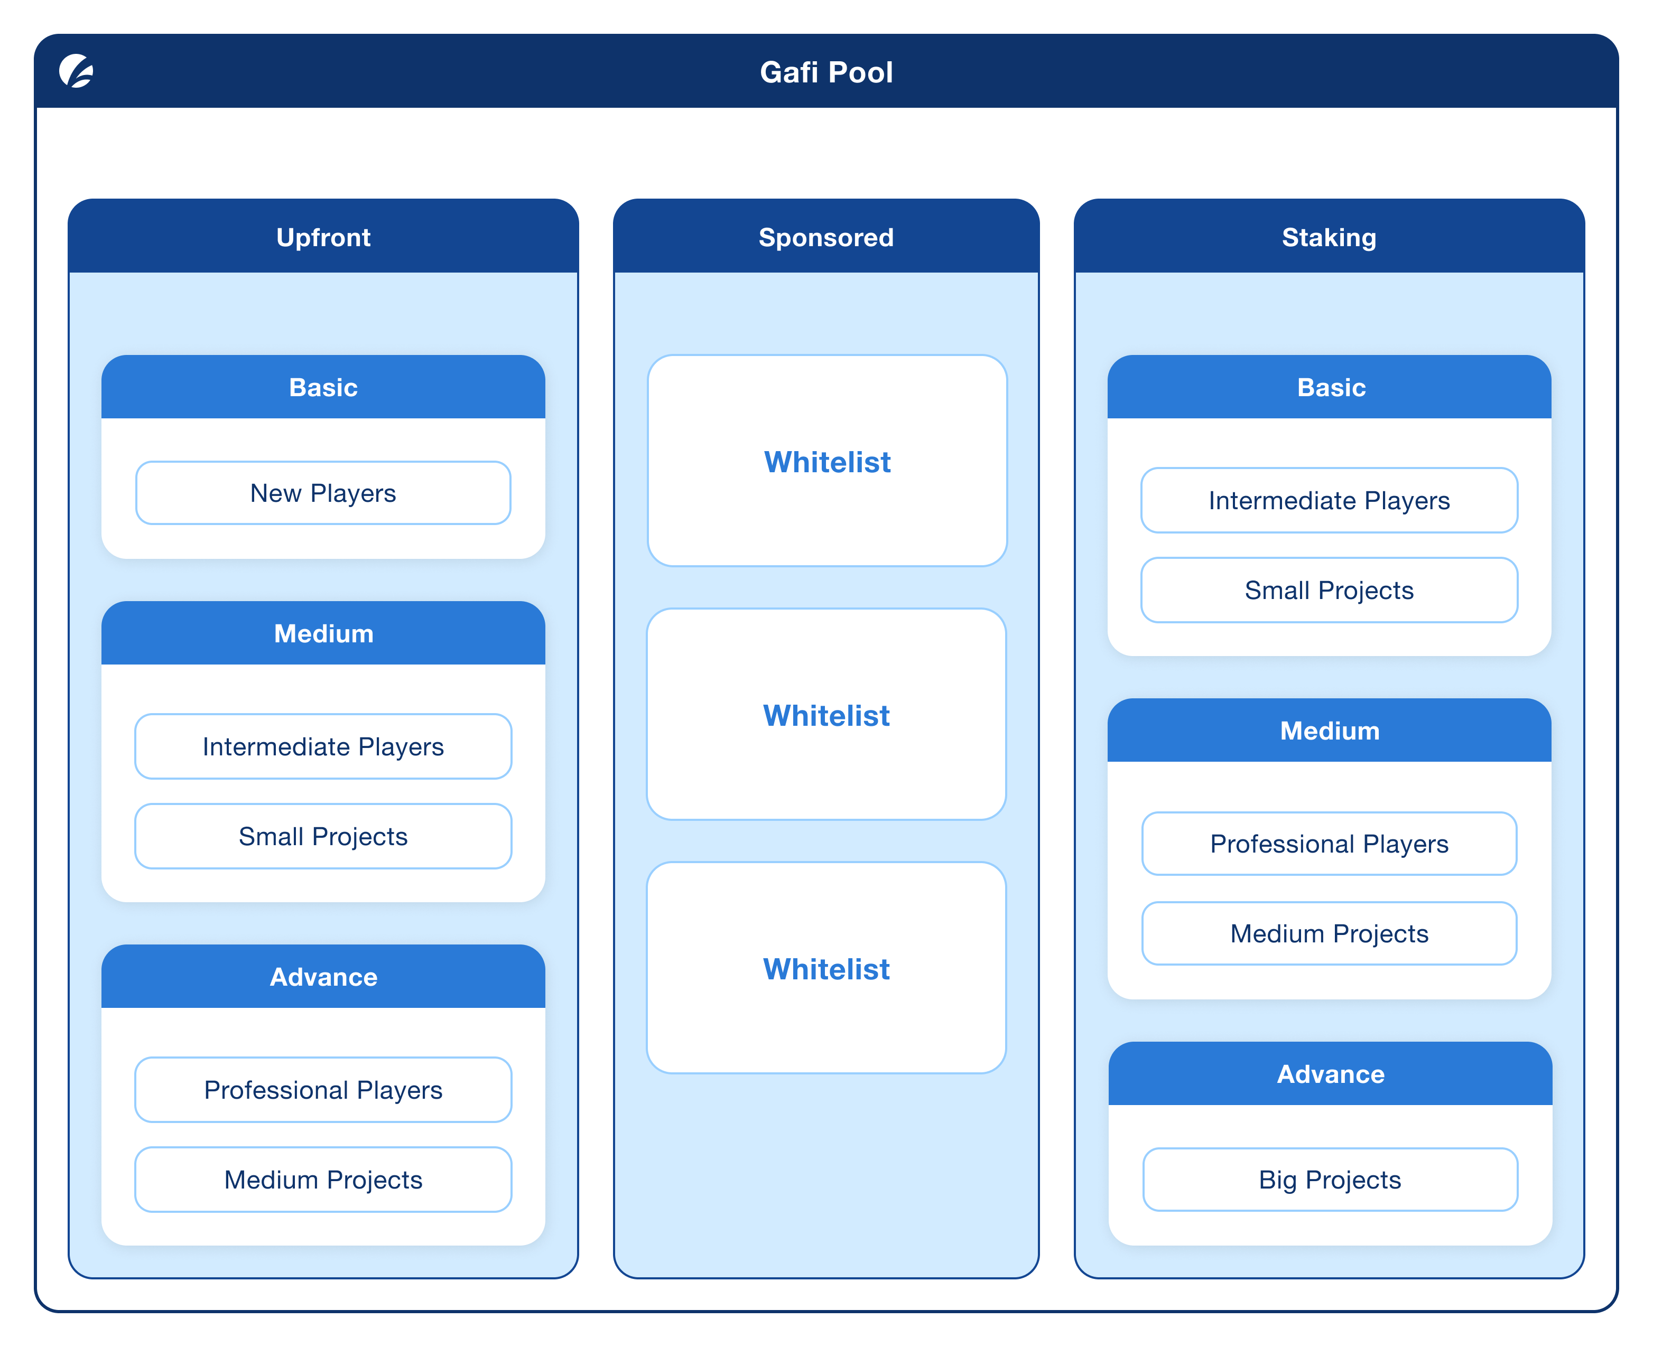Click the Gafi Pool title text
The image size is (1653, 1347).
[x=826, y=72]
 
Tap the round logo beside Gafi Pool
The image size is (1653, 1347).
[x=76, y=71]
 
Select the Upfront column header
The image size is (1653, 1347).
[x=323, y=237]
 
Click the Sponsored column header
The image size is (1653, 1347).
[x=826, y=237]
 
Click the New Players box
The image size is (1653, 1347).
[x=323, y=493]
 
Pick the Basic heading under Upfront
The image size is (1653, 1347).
[x=323, y=387]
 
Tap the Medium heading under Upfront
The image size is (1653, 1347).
[x=323, y=633]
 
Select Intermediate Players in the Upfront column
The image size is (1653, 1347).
[x=323, y=746]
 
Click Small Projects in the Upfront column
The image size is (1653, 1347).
[x=323, y=836]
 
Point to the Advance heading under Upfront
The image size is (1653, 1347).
[x=323, y=977]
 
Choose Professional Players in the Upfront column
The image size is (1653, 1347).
[x=323, y=1090]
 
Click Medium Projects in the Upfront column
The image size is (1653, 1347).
[x=323, y=1180]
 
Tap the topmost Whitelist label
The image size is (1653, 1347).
[x=827, y=462]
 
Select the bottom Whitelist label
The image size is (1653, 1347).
[x=826, y=969]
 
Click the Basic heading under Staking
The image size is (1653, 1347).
[x=1331, y=387]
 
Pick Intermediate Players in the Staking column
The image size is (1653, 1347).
[x=1329, y=500]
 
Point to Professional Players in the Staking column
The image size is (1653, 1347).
[x=1329, y=844]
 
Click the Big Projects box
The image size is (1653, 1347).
[x=1330, y=1180]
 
